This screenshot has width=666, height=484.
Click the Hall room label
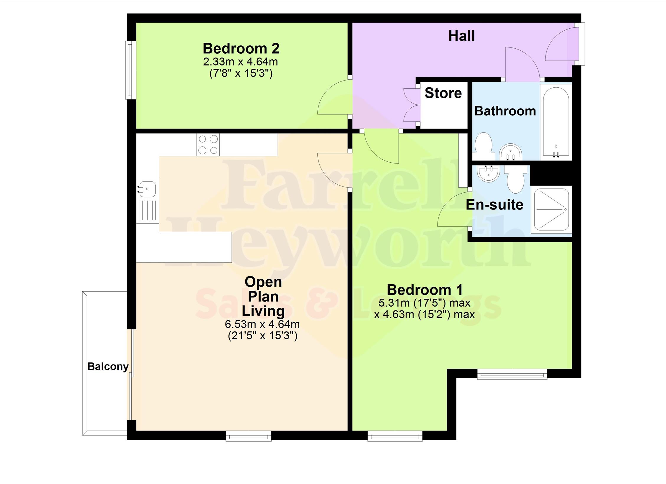[461, 36]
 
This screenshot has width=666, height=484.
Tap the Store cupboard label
[443, 93]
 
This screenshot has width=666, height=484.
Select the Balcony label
[108, 367]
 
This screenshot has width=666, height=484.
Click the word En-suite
[494, 205]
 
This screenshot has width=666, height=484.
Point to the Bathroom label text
[505, 111]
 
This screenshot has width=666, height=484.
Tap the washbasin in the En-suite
[489, 174]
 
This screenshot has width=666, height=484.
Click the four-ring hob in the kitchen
[208, 145]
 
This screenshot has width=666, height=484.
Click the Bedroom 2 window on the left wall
[130, 70]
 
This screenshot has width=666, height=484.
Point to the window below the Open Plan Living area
[249, 436]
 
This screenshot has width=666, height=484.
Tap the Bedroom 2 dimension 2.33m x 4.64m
[241, 62]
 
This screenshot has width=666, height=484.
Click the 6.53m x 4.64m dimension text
[262, 324]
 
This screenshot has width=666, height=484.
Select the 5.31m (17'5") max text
[425, 303]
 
